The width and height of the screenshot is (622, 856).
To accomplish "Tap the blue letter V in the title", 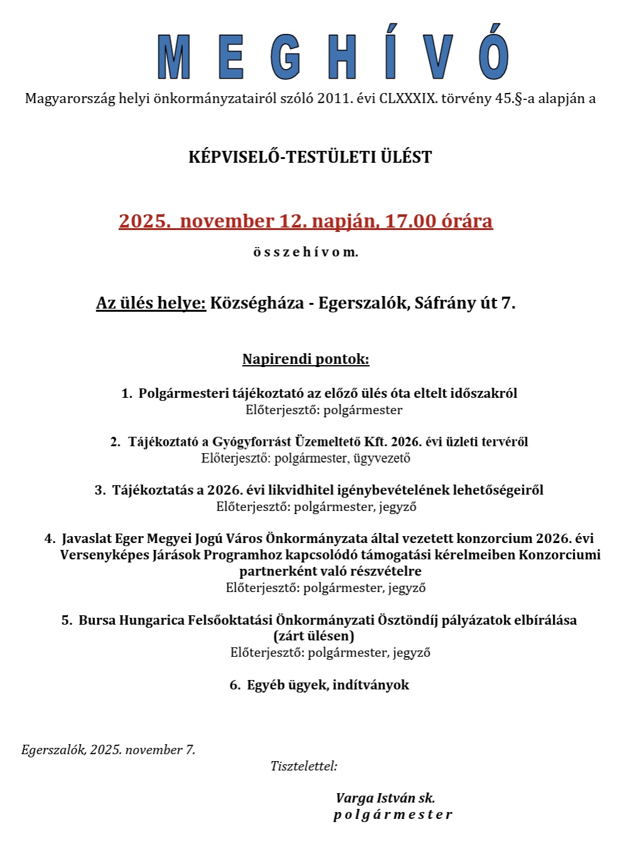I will [x=438, y=58].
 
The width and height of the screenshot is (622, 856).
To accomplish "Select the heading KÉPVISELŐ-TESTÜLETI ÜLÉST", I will [x=310, y=157].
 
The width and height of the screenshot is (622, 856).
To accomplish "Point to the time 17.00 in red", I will [x=410, y=221].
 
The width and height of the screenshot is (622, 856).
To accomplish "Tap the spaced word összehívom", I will [x=305, y=253].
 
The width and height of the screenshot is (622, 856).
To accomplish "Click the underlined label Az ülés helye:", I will [x=151, y=304].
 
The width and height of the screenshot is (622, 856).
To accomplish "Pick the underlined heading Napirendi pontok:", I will [x=306, y=359].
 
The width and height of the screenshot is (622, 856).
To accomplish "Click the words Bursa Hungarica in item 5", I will [x=131, y=620].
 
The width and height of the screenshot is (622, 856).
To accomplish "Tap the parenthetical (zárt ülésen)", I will [x=314, y=636].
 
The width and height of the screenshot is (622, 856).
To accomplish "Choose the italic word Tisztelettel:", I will [x=304, y=766].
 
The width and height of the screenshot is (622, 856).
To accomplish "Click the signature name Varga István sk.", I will [x=385, y=798].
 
